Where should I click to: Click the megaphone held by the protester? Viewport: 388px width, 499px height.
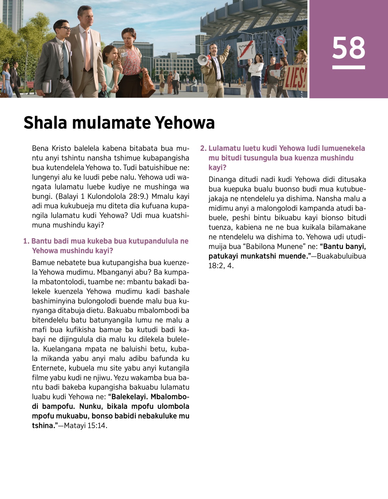(x=203, y=60)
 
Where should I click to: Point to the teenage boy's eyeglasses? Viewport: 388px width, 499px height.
(x=65, y=29)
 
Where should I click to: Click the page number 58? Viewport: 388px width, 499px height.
(x=348, y=48)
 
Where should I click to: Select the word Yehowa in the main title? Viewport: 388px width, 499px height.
(x=185, y=123)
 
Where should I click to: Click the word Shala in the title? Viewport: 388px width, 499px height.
(x=45, y=123)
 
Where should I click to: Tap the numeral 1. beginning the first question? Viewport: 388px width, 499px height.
(x=26, y=241)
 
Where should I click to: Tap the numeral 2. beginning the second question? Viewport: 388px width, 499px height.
(x=203, y=148)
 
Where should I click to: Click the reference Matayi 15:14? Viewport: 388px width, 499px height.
(x=85, y=426)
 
